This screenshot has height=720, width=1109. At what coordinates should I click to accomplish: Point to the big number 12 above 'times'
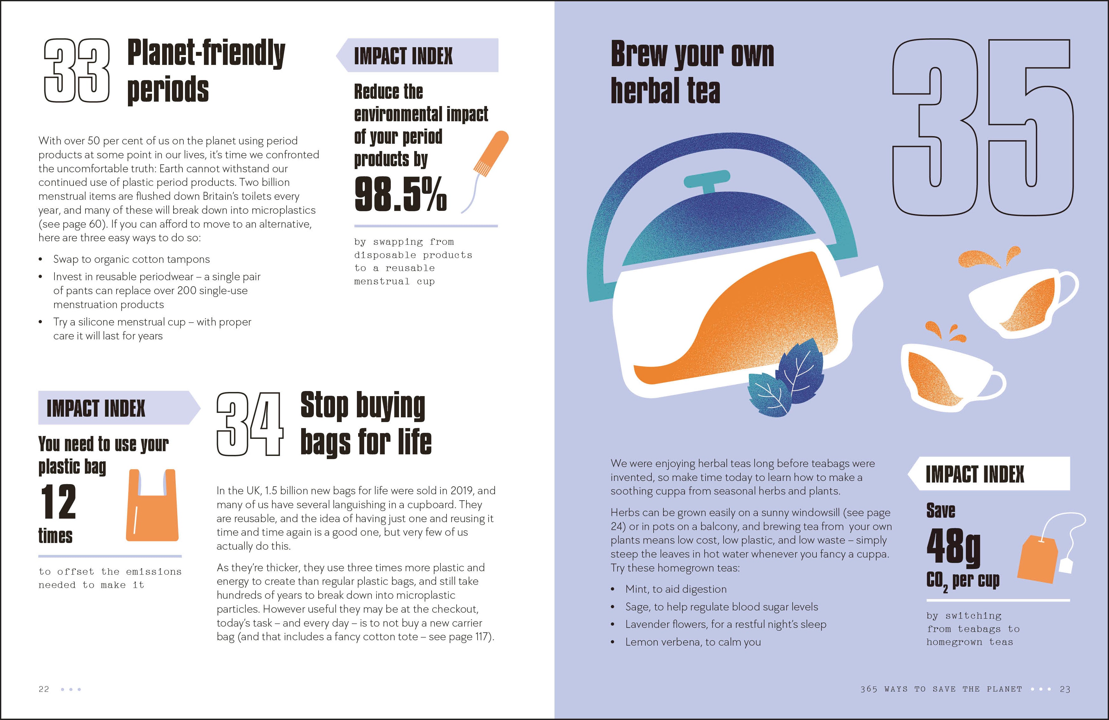58,502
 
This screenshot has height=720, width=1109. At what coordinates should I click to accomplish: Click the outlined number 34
250,424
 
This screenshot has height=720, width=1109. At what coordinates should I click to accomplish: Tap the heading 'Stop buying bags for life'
365,423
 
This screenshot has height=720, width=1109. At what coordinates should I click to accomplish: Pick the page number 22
44,689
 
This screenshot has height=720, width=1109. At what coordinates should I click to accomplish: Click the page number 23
1065,689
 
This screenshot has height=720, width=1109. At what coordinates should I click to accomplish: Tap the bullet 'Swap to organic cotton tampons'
131,259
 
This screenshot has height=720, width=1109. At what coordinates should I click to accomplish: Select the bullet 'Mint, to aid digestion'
676,589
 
